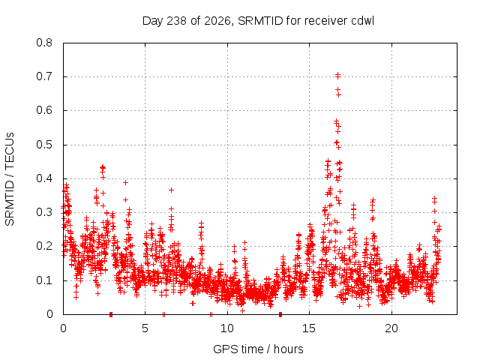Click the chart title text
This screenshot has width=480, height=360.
tap(258, 21)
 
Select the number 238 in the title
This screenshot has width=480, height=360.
tap(177, 21)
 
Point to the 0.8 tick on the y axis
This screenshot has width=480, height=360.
tap(44, 43)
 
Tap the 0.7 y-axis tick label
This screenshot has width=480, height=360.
tap(44, 76)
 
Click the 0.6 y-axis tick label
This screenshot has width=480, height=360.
tap(44, 110)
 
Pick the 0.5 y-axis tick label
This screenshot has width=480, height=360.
tap(44, 145)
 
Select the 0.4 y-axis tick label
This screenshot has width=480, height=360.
tap(44, 178)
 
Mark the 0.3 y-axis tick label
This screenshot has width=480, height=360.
tap(44, 212)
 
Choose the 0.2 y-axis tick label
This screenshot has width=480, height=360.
tap(44, 246)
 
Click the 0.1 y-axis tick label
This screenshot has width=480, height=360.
tap(44, 280)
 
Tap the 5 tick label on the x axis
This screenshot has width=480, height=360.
tap(145, 328)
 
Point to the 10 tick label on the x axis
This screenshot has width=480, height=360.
tap(227, 328)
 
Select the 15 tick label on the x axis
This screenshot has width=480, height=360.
tap(309, 328)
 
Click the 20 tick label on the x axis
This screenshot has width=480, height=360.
tap(391, 328)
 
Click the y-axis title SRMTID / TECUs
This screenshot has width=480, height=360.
tap(10, 179)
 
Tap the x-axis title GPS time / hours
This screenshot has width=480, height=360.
tap(258, 349)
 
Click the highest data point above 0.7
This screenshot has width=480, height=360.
tap(337, 75)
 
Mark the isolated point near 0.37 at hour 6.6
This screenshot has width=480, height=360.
tap(171, 190)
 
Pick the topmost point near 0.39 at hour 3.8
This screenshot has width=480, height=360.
tap(125, 182)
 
